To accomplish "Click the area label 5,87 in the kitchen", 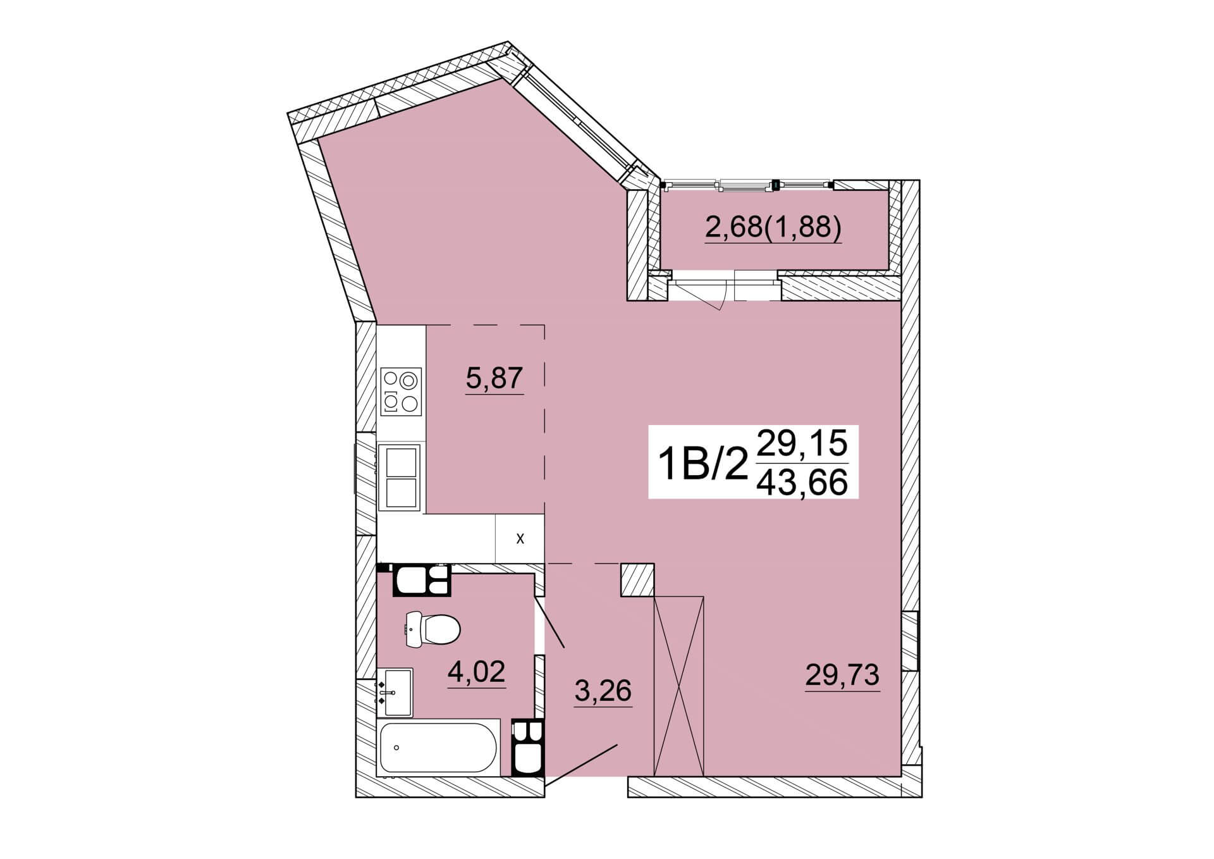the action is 494,378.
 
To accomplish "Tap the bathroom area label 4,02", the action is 476,671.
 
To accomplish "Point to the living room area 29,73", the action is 842,675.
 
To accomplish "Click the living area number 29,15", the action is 802,443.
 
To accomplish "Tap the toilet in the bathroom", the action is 432,629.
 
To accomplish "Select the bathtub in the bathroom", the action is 438,747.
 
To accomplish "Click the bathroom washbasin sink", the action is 395,692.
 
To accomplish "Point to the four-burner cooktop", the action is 402,392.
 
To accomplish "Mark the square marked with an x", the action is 520,538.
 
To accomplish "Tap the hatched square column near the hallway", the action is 637,580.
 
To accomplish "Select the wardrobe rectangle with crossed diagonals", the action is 678,686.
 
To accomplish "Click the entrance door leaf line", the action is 580,765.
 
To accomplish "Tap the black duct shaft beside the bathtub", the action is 527,748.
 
